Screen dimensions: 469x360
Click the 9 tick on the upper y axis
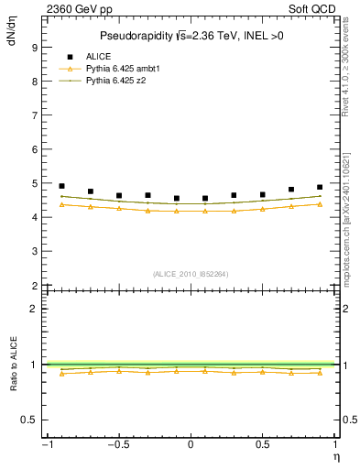tap(35, 47)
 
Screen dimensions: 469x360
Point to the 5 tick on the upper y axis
tap(35, 183)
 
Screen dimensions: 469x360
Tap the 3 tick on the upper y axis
tap(35, 252)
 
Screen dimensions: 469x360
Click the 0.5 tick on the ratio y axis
tap(30, 420)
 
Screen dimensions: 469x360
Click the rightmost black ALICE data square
tap(320, 187)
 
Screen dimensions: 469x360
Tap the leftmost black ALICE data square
tap(61, 186)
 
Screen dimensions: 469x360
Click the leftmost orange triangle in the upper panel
tap(61, 204)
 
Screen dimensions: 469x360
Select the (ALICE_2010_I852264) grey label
tap(190, 274)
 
